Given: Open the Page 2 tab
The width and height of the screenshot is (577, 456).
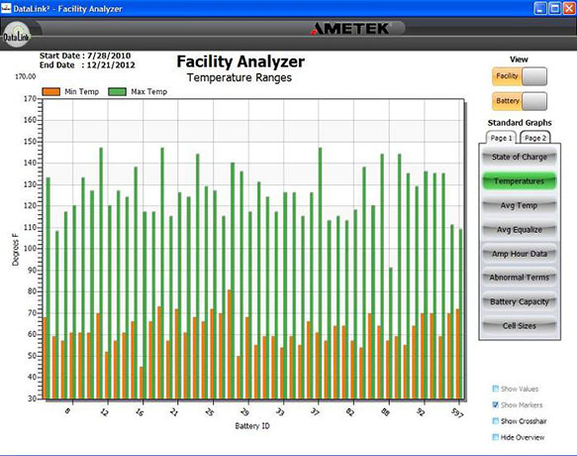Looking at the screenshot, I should click(x=535, y=138).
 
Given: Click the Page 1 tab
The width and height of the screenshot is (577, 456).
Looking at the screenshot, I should click(x=502, y=138).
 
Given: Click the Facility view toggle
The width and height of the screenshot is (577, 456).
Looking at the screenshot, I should click(x=520, y=76).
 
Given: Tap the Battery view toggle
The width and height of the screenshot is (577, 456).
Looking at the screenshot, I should click(x=520, y=100).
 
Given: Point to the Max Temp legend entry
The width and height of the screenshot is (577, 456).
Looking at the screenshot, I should click(x=139, y=92).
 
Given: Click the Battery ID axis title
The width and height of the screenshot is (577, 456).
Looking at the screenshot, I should click(x=256, y=426).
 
